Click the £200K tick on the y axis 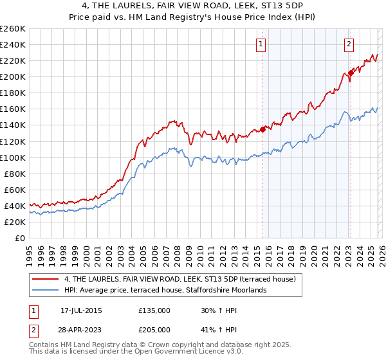point(12,76)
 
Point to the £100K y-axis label point(12,157)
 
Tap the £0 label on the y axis point(19,238)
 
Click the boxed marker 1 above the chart point(261,44)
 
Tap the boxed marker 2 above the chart point(349,44)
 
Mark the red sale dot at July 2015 point(263,129)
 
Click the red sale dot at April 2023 point(351,73)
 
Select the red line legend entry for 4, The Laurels point(179,279)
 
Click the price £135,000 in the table point(154,310)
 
